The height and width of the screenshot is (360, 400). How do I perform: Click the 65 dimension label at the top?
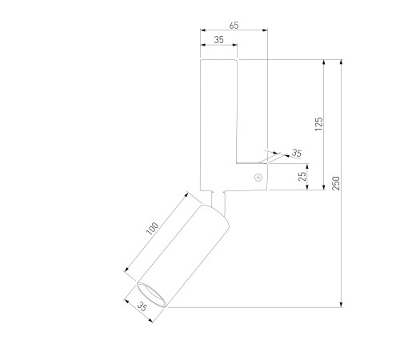pyautogui.click(x=234, y=26)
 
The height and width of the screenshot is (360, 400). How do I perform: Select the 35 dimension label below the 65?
pyautogui.click(x=218, y=40)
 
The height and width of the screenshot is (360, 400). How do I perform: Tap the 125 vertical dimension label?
pyautogui.click(x=318, y=124)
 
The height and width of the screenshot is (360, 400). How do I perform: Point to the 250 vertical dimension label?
pyautogui.click(x=336, y=183)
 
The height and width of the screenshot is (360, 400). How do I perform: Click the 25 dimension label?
pyautogui.click(x=302, y=177)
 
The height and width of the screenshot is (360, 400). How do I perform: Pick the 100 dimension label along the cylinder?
pyautogui.click(x=153, y=229)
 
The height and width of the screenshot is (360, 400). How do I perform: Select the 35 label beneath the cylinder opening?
pyautogui.click(x=142, y=306)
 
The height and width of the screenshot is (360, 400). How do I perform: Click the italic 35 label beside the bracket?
pyautogui.click(x=297, y=153)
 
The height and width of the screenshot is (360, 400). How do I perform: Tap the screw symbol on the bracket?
pyautogui.click(x=258, y=178)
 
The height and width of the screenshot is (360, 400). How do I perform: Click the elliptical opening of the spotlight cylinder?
pyautogui.click(x=151, y=295)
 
